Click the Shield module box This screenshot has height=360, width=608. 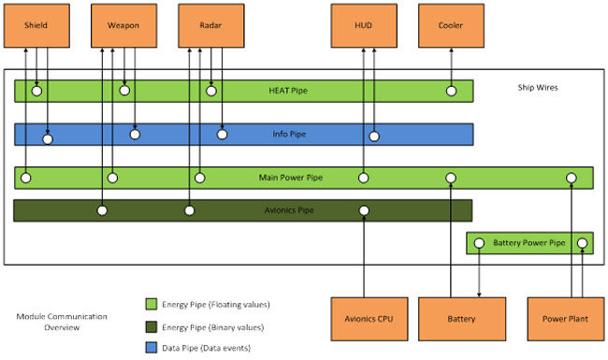tap(36, 24)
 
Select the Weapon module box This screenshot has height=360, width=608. tap(123, 24)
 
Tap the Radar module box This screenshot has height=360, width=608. tap(210, 24)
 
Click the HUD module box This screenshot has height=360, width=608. tap(363, 24)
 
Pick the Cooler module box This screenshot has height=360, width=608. tap(451, 24)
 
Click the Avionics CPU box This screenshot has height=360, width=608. tap(363, 319)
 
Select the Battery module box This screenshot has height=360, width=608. tap(462, 319)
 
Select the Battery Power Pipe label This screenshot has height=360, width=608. tap(529, 243)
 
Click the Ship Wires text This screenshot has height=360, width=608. tap(540, 88)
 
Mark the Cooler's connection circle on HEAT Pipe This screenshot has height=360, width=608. tap(451, 91)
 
